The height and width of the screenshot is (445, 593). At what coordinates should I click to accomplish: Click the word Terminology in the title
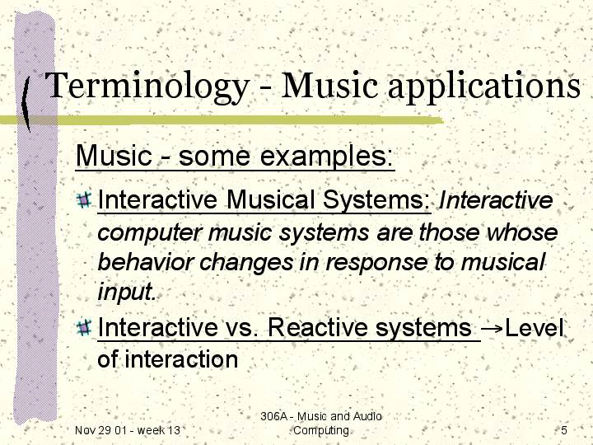click(x=147, y=87)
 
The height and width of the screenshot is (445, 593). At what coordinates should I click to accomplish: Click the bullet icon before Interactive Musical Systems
click(x=84, y=199)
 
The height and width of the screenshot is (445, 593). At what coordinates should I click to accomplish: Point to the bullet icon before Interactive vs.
click(x=84, y=328)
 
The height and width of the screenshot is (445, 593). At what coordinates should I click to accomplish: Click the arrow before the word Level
click(x=493, y=329)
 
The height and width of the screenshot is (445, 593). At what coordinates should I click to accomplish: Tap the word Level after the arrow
click(x=534, y=328)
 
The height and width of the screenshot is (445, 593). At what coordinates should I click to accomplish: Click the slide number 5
click(x=564, y=430)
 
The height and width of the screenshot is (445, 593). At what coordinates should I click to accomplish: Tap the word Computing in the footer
click(x=321, y=431)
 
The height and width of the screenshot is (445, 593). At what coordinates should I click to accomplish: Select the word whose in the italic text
click(x=522, y=232)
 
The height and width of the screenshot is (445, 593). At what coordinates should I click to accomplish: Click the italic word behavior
click(x=146, y=262)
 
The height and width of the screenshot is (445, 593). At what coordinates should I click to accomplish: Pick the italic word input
click(x=127, y=292)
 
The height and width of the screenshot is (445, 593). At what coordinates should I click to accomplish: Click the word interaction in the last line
click(x=181, y=359)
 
